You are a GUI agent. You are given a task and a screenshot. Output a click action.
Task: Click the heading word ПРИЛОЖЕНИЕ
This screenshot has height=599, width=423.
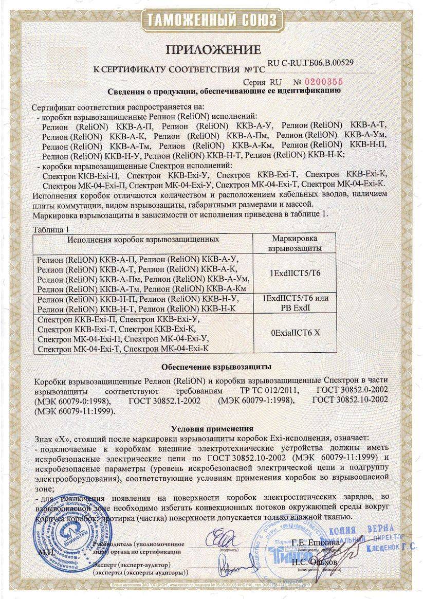pos(213,49)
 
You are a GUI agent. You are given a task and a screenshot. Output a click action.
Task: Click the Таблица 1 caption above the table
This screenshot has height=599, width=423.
pos(50,229)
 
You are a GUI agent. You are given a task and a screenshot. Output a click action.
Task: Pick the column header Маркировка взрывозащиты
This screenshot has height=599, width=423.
pos(295,243)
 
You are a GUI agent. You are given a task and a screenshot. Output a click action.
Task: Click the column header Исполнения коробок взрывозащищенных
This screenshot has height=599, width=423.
pos(143,239)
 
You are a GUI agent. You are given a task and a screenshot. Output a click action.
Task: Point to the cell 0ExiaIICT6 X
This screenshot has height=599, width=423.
pos(295,333)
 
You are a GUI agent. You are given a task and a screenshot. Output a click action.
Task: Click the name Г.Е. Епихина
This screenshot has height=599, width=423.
pos(316,542)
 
